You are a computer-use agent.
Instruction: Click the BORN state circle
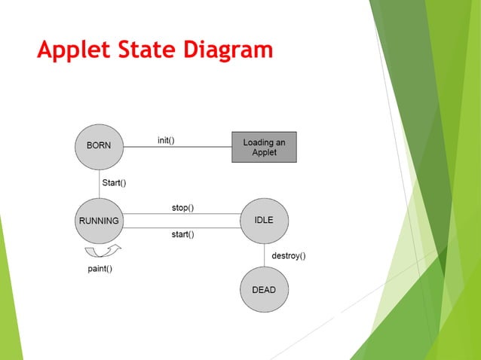[99, 146]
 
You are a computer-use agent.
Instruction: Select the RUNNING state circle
[99, 221]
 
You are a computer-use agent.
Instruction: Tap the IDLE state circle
[264, 220]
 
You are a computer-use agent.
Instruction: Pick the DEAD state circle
[264, 289]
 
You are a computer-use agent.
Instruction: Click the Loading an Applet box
[264, 147]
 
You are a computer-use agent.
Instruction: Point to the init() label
[167, 140]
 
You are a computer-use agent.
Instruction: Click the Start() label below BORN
[114, 183]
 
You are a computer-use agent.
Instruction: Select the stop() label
[182, 207]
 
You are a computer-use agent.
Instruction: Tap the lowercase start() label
[182, 234]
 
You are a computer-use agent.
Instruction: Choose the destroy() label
[288, 256]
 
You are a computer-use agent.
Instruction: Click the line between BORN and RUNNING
[99, 183]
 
